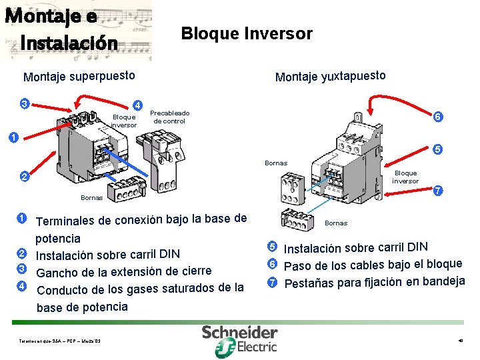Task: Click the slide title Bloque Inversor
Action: tap(247, 33)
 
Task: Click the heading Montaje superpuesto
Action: tap(79, 76)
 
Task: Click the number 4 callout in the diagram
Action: tap(137, 105)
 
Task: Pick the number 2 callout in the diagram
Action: tap(24, 177)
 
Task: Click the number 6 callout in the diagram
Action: tap(438, 117)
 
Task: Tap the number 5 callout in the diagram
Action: tap(438, 149)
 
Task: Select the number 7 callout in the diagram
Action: tap(438, 191)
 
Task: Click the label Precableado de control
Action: tap(170, 117)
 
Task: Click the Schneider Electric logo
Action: tap(239, 339)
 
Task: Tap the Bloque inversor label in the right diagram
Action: tap(405, 177)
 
